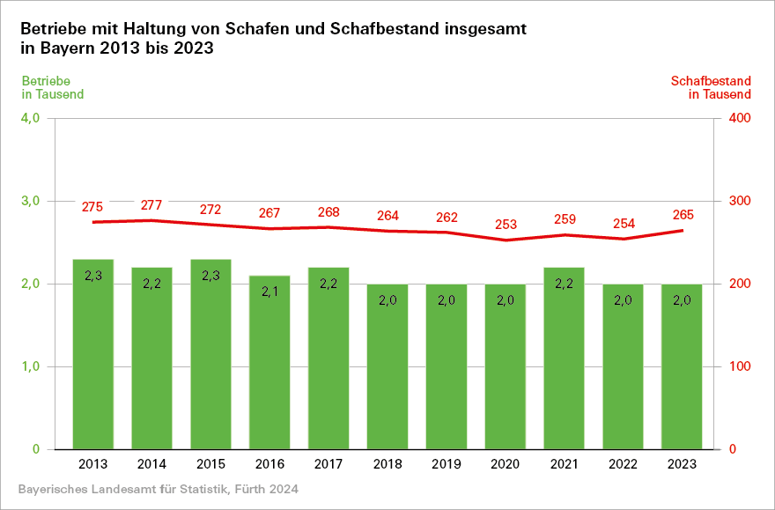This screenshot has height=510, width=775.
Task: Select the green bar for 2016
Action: [269, 362]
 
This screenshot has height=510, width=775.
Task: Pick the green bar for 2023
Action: [682, 366]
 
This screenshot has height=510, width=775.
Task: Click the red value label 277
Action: [151, 205]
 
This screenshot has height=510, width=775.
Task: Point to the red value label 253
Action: [506, 225]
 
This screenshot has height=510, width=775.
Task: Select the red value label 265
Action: [683, 215]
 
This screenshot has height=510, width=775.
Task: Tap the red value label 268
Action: [328, 212]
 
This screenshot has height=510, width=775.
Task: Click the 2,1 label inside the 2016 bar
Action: [269, 292]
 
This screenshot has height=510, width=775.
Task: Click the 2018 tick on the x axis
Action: [387, 464]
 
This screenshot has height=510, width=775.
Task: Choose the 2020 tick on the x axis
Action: [506, 464]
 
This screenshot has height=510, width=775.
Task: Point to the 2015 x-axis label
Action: [210, 464]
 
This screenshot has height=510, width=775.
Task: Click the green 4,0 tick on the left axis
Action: [29, 118]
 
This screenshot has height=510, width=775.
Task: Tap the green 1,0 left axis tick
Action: [29, 366]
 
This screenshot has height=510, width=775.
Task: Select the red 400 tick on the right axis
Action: [739, 118]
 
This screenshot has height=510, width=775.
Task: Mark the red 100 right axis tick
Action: [739, 366]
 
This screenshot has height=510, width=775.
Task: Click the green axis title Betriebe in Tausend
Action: [53, 87]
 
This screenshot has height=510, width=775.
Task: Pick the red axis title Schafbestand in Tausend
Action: [711, 87]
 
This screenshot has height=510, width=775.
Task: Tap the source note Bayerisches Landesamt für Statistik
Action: [158, 488]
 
